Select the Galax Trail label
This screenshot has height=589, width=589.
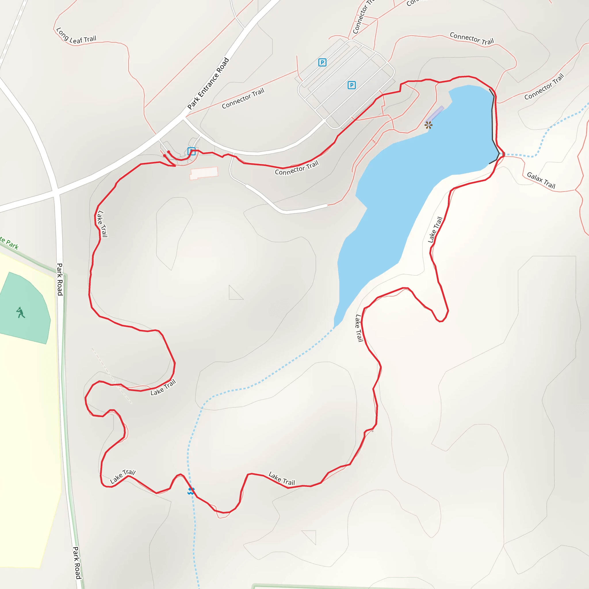pyautogui.click(x=541, y=180)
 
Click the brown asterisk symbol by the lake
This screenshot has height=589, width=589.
pyautogui.click(x=428, y=125)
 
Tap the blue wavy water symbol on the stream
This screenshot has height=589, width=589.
pyautogui.click(x=191, y=491)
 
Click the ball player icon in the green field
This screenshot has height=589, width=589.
pyautogui.click(x=20, y=313)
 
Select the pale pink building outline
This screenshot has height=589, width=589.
pyautogui.click(x=204, y=173)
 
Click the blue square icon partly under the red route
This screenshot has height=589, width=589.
pyautogui.click(x=191, y=151)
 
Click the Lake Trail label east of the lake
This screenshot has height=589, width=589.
pyautogui.click(x=435, y=230)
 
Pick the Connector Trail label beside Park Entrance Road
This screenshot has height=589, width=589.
pyautogui.click(x=243, y=98)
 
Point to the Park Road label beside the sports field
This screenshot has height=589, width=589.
pyautogui.click(x=60, y=279)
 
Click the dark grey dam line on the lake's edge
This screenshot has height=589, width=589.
pyautogui.click(x=493, y=122)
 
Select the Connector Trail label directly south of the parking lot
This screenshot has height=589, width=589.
pyautogui.click(x=297, y=168)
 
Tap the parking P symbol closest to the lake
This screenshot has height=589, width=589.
pyautogui.click(x=351, y=85)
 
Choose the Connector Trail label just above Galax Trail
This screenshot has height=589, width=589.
pyautogui.click(x=544, y=87)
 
